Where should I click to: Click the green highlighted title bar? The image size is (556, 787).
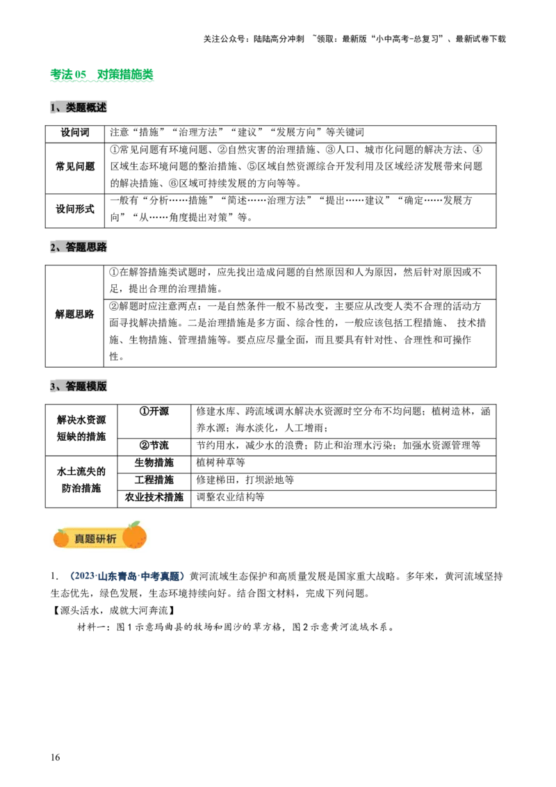[103, 75]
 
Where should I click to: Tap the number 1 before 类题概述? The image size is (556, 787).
[53, 108]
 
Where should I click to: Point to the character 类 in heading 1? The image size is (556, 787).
[71, 108]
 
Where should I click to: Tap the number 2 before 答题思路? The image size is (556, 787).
[53, 248]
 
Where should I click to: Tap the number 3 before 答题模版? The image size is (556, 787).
[53, 387]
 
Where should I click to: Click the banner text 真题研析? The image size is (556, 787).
[96, 539]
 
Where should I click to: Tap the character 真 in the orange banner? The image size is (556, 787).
[80, 539]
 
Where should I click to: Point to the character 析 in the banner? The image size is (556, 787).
[112, 539]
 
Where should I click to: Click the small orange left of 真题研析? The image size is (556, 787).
[61, 539]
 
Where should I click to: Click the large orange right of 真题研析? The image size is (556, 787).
[134, 537]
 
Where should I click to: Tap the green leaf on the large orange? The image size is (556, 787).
[135, 524]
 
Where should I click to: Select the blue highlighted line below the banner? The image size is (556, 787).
[128, 576]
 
